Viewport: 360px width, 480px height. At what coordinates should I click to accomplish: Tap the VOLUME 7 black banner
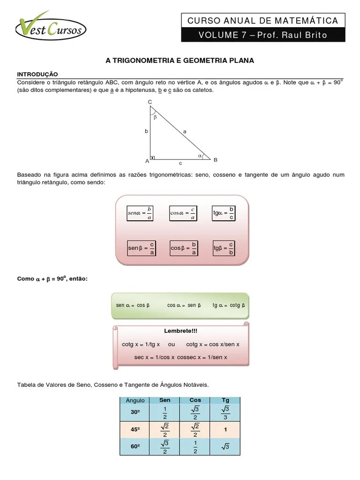tap(263, 35)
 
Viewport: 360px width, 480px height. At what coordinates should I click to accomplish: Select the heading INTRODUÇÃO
tap(37, 74)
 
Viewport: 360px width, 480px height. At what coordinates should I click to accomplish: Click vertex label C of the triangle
tap(150, 102)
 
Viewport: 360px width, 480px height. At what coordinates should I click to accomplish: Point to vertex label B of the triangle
tap(215, 160)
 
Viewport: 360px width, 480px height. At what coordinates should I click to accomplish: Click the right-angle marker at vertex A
tap(152, 157)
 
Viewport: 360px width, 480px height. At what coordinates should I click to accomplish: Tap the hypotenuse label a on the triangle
tap(185, 132)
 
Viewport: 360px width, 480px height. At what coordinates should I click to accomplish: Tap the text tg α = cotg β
tap(228, 305)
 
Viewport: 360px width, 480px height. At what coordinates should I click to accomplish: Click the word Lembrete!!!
tap(180, 331)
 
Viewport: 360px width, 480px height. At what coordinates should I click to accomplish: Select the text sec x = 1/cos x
tap(154, 357)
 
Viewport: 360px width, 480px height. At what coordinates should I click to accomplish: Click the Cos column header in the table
tap(195, 400)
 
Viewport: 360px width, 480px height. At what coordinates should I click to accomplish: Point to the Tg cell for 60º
tap(225, 447)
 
